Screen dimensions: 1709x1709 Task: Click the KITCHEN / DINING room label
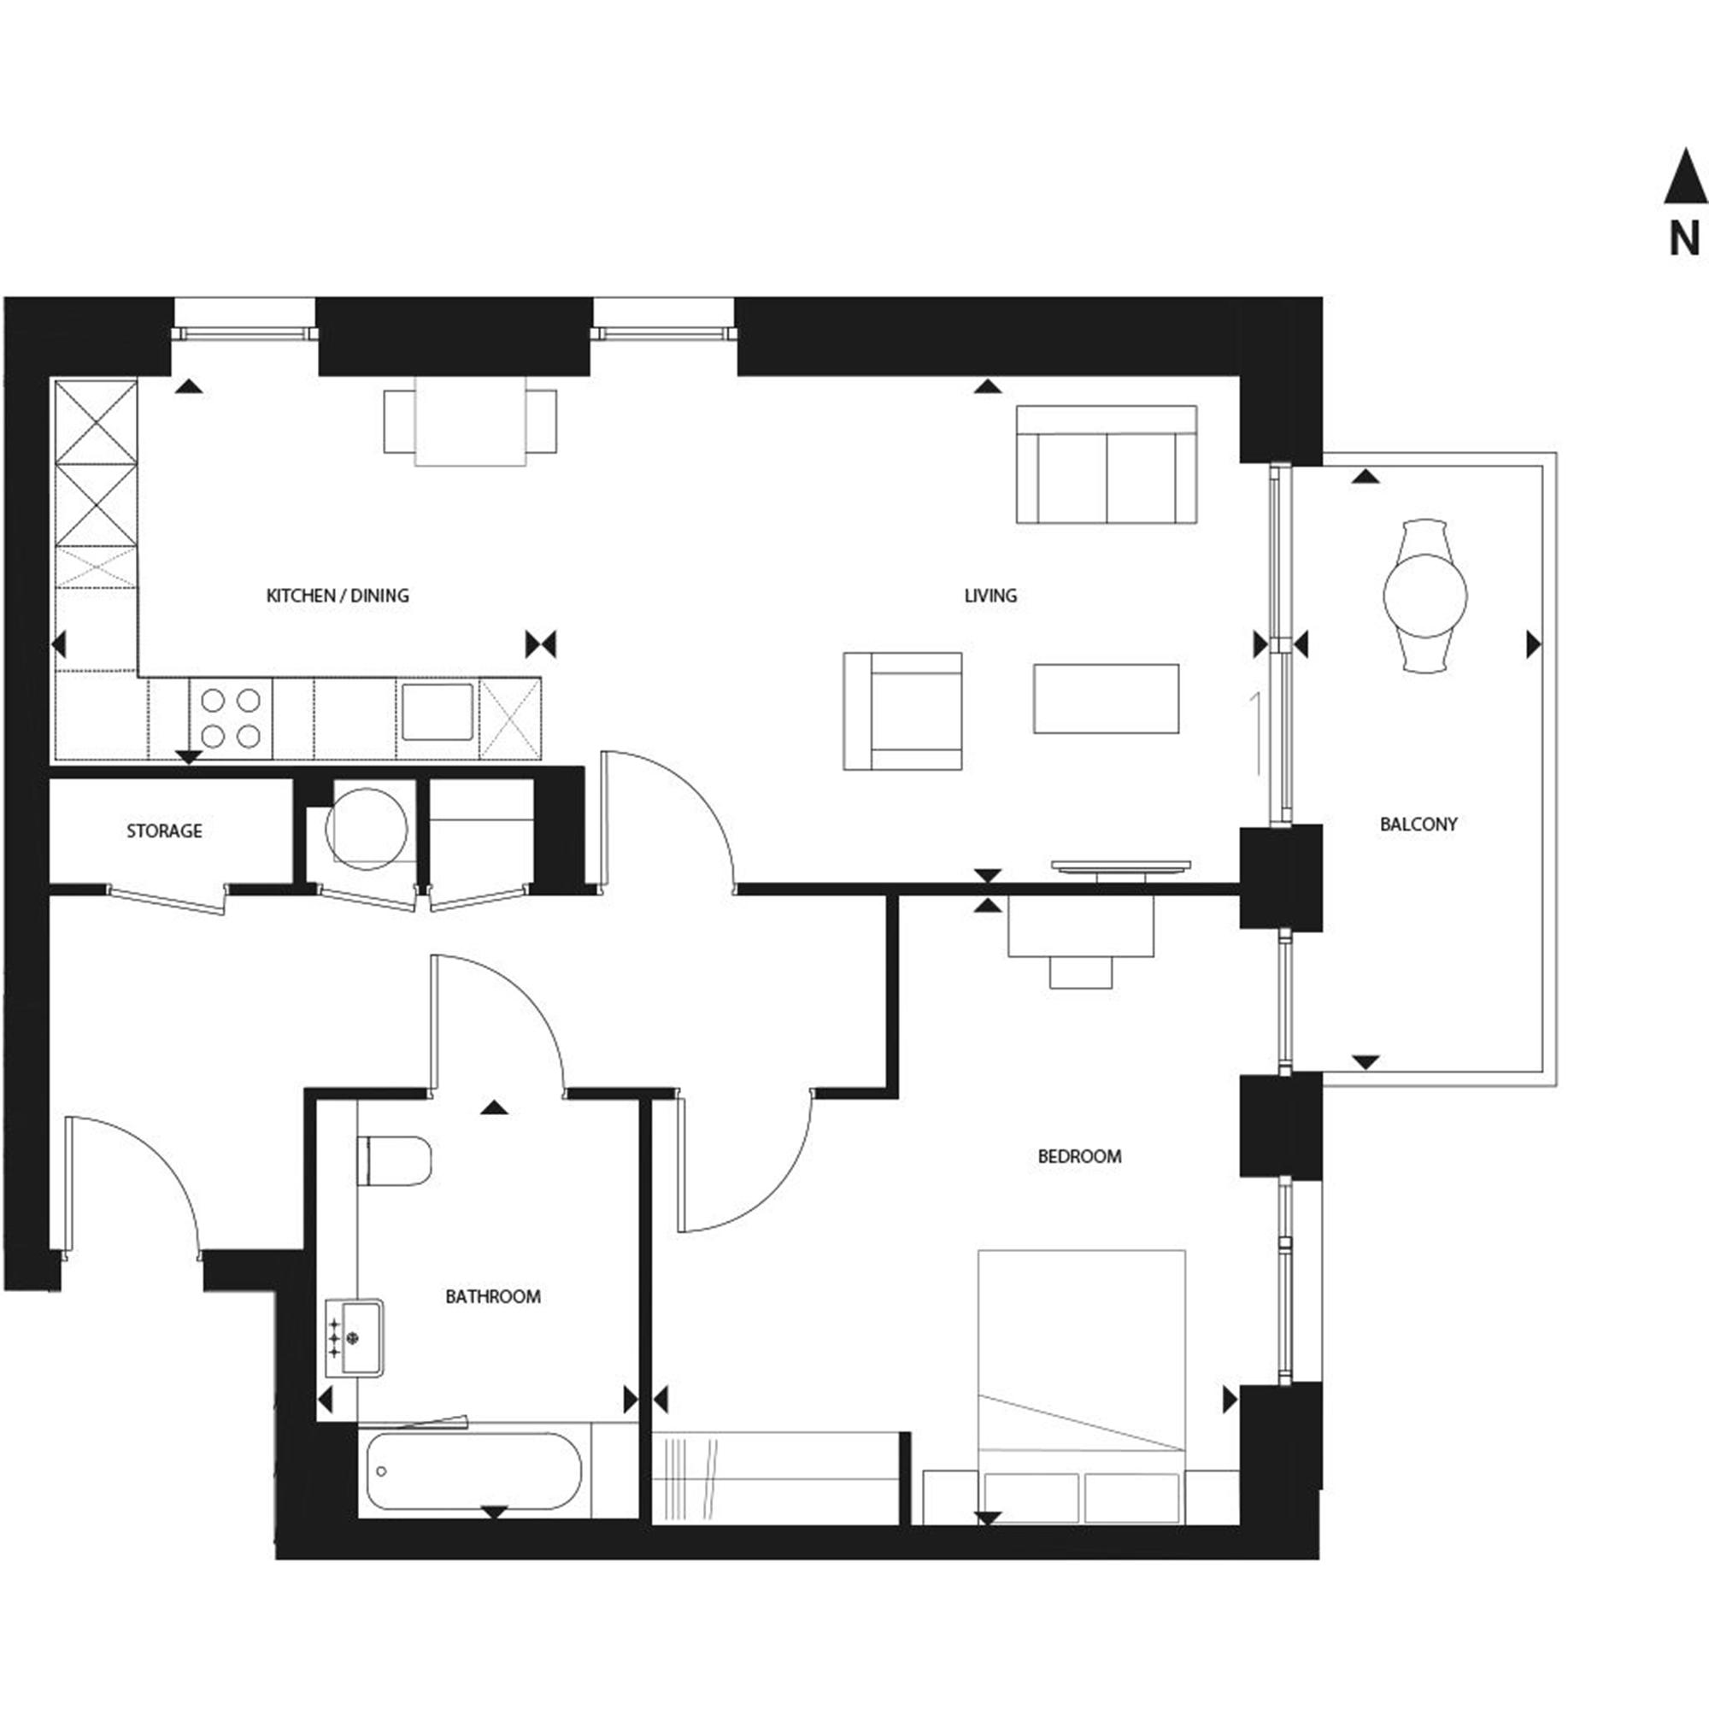[337, 596]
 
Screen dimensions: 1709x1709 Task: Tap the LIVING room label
[990, 596]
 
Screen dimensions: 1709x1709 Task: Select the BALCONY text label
[1418, 825]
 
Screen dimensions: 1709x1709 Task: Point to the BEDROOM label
[1079, 1156]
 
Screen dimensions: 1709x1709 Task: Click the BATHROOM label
[493, 1297]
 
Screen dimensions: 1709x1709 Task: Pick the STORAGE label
[164, 831]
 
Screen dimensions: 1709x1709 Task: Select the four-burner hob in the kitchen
[231, 719]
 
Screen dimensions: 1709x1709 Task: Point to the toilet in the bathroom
[395, 1161]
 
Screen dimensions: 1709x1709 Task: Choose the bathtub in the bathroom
[474, 1471]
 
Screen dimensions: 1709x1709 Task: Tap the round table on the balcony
[1425, 596]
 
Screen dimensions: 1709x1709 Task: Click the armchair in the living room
[902, 711]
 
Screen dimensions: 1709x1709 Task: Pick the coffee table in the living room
[1106, 699]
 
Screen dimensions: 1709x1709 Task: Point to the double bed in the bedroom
[1081, 1387]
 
